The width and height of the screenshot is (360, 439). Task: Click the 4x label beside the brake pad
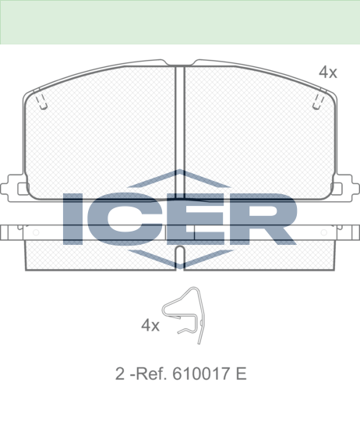click(328, 73)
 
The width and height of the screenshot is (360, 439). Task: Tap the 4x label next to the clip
click(150, 325)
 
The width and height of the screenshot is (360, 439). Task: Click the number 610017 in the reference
click(203, 374)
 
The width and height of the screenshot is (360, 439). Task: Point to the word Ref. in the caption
click(151, 374)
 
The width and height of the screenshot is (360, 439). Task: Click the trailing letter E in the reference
click(241, 374)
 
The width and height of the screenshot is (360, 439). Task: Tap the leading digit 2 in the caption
click(120, 374)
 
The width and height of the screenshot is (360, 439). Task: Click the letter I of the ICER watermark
click(72, 219)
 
